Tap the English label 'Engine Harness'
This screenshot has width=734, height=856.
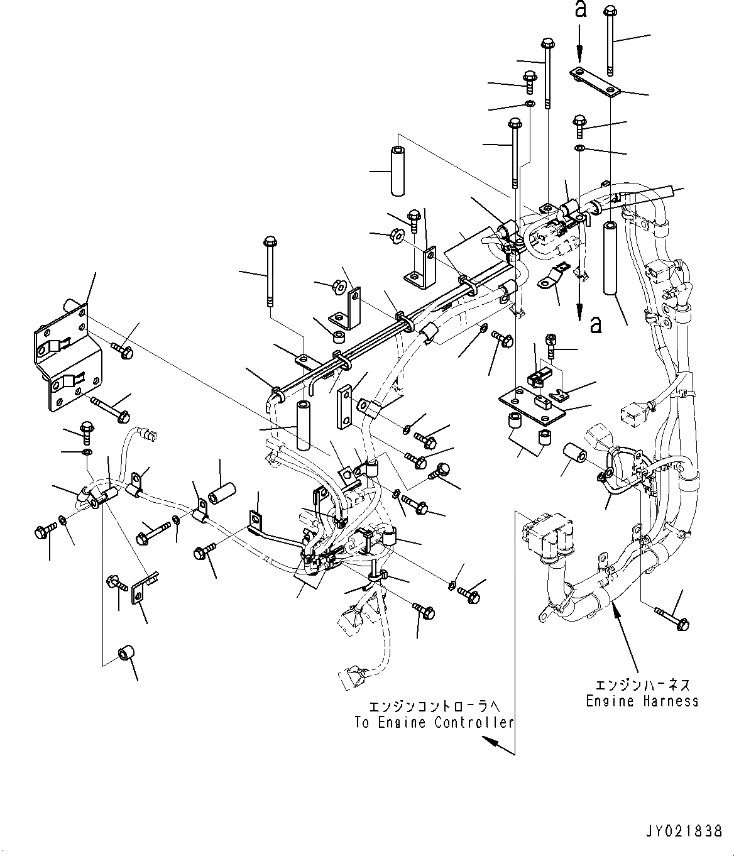click(x=642, y=701)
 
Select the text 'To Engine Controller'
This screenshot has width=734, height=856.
click(x=434, y=722)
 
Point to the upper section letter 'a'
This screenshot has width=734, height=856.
click(x=581, y=11)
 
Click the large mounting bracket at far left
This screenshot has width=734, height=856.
click(x=68, y=359)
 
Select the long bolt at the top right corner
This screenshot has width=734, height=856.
click(x=610, y=38)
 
